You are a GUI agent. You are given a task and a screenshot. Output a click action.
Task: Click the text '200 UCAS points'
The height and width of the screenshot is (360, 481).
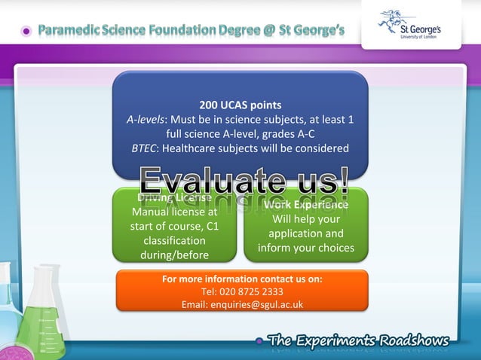point(240,105)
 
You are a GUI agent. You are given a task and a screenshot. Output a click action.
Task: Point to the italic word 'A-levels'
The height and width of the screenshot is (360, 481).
point(145,119)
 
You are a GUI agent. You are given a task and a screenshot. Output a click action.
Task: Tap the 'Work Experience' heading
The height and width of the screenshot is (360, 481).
point(306,204)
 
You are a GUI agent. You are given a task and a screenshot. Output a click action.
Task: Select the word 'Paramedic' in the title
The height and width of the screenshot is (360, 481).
point(72,31)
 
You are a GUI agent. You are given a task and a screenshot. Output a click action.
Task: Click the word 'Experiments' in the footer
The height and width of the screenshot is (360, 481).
point(339,339)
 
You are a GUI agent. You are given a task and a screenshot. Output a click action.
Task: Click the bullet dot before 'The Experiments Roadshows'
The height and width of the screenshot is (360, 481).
point(260,341)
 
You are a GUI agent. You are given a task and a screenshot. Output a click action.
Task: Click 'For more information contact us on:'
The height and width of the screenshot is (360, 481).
point(242,279)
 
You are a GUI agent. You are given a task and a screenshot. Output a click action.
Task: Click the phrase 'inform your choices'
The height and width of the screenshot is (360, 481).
point(305,248)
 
